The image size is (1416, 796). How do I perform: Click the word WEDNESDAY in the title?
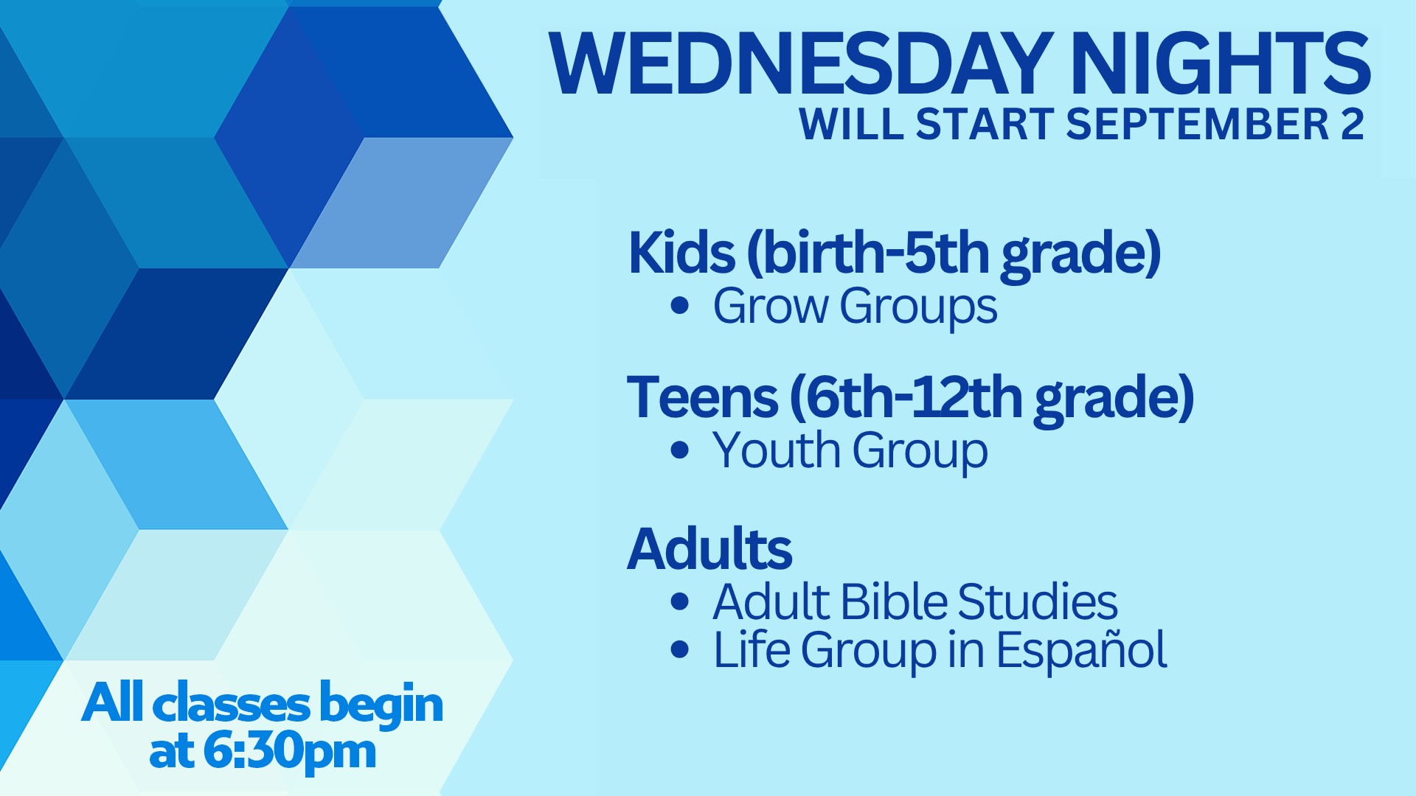tap(801, 64)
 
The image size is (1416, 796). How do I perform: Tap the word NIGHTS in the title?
tap(1221, 64)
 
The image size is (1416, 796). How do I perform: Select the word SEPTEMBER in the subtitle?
tap(1197, 124)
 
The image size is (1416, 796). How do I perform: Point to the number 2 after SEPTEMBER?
tap(1353, 124)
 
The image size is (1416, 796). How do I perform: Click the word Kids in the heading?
tap(681, 253)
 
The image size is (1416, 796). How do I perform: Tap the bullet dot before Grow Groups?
tap(680, 306)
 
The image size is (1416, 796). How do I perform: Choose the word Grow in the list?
tap(771, 306)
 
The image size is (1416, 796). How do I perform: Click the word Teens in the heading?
tap(702, 397)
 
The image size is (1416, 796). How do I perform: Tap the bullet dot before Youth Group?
tap(680, 450)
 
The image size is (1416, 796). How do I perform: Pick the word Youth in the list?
tap(777, 450)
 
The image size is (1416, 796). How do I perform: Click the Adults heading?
tap(709, 549)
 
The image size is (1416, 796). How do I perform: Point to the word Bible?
tap(894, 601)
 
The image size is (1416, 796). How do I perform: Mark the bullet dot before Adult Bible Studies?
tap(680, 601)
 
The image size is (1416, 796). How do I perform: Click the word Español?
tap(1082, 649)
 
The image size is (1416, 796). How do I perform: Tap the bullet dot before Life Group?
tap(680, 650)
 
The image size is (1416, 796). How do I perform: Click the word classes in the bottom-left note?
tap(231, 705)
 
